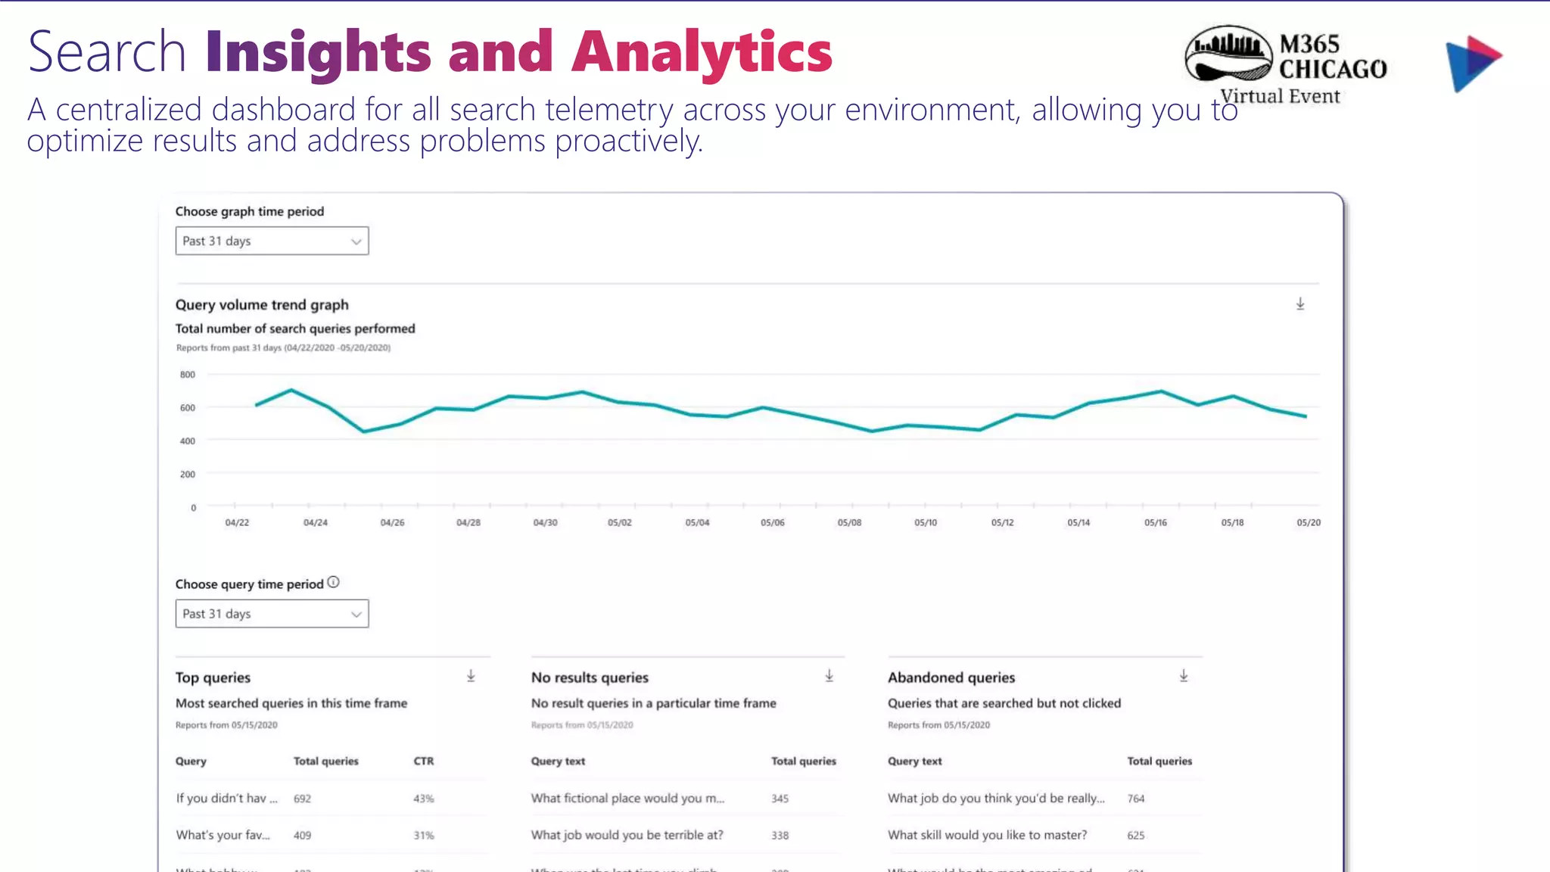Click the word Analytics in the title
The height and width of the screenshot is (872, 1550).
click(x=702, y=53)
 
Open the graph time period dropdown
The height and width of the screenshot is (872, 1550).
click(x=272, y=241)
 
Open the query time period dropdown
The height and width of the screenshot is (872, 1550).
click(x=272, y=614)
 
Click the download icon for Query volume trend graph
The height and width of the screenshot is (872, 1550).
click(x=1300, y=304)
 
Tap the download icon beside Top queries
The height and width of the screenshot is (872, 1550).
click(x=471, y=676)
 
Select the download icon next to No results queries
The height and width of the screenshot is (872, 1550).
click(x=829, y=676)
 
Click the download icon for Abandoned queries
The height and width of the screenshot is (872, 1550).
click(x=1184, y=676)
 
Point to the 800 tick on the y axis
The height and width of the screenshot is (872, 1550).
click(x=187, y=375)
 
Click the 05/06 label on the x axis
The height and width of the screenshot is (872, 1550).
click(x=772, y=523)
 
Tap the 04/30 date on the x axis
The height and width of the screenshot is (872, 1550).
click(x=545, y=523)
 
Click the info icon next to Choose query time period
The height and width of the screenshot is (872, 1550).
click(x=334, y=582)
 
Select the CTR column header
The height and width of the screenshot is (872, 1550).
click(x=424, y=761)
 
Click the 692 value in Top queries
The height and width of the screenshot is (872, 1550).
click(x=302, y=799)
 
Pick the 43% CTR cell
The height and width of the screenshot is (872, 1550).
click(x=424, y=799)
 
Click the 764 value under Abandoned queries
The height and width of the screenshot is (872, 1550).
click(x=1135, y=799)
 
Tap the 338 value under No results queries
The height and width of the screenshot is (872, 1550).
click(x=780, y=836)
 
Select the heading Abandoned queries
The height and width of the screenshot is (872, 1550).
click(x=951, y=677)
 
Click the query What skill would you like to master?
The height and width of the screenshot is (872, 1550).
click(x=987, y=835)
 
